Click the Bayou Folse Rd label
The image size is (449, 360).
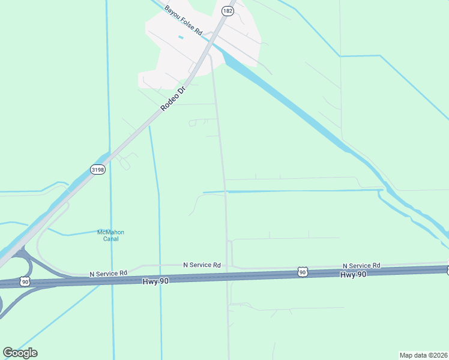184,20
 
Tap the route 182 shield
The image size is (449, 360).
227,11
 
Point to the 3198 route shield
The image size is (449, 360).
98,170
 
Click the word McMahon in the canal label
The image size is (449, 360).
110,232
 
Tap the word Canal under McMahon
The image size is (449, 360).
110,239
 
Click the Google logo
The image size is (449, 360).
20,353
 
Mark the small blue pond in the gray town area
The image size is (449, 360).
181,38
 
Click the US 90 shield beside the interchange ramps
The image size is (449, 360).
25,281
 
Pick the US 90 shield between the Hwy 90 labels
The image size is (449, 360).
303,272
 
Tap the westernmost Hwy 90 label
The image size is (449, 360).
155,281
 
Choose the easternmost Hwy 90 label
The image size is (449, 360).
353,274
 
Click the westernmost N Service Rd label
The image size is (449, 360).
109,273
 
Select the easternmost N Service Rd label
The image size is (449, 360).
361,265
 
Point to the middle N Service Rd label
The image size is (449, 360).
202,265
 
